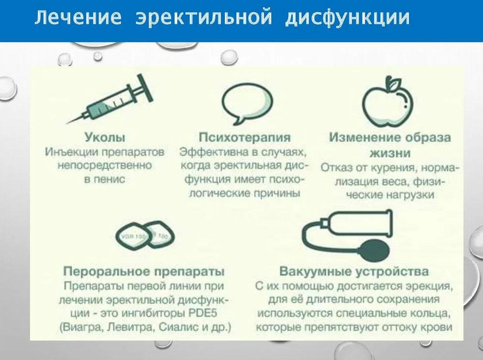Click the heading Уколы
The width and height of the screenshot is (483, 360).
pos(105,137)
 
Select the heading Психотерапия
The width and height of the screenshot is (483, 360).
pos(245,137)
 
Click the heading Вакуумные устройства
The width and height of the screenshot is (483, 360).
pos(354,270)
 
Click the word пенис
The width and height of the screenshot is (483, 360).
pos(105,180)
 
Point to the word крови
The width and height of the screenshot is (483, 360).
pos(439,328)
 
